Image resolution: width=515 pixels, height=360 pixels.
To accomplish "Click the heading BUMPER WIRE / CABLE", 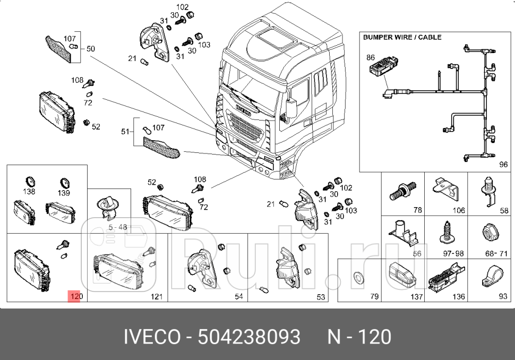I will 402,38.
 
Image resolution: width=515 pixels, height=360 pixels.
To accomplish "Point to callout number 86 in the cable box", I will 370,57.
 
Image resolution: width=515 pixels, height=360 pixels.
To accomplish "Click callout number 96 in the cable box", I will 503,165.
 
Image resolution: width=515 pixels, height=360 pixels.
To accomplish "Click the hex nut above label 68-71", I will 489,232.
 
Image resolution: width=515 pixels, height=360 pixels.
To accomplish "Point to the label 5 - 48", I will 118,227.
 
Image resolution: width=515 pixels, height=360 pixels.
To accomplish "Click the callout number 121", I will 156,297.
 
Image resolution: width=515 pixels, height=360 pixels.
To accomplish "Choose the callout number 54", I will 238,296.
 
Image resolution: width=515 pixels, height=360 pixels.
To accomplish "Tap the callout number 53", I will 321,297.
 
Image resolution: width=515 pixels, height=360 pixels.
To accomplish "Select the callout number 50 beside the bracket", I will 91,48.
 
